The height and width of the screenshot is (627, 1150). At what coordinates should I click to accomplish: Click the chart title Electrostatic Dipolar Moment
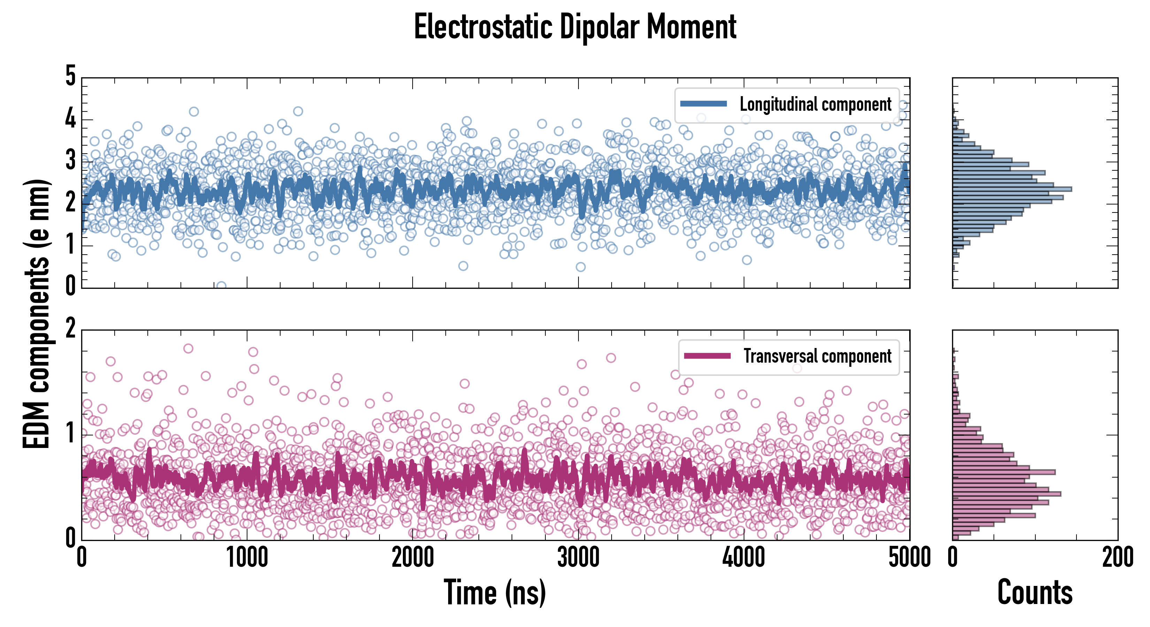pos(575,27)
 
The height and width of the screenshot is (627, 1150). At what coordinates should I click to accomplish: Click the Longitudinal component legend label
pos(815,104)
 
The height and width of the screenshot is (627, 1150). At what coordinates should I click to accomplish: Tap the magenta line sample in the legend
pos(707,356)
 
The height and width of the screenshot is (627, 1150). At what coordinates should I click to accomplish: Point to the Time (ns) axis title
pos(495,593)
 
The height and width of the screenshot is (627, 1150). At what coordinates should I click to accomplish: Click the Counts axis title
pos(1035,593)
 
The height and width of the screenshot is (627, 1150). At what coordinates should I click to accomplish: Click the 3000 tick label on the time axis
pos(578,558)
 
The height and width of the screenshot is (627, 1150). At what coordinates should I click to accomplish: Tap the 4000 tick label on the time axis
pos(744,558)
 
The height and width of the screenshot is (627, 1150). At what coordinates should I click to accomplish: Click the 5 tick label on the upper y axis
pos(70,76)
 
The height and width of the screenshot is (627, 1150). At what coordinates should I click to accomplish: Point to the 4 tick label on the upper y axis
pos(70,119)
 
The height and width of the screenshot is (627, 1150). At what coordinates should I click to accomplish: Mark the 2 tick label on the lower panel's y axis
pos(70,329)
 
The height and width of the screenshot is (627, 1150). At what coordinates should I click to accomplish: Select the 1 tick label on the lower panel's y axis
pos(70,434)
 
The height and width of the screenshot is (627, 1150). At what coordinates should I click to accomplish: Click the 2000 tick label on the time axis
pos(413,558)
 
